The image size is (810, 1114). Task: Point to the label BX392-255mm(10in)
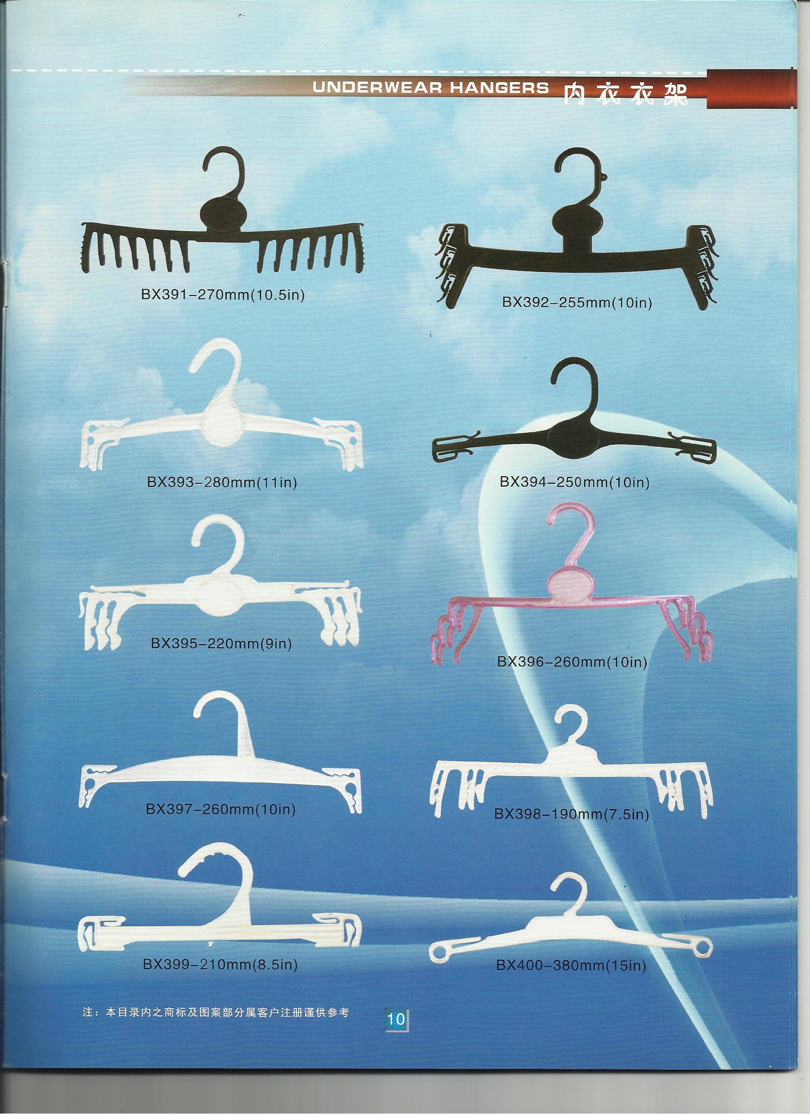point(577,303)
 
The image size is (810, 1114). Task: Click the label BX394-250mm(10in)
point(575,482)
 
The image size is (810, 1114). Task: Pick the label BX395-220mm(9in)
point(222,643)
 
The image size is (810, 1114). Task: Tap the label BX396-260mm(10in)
point(572,662)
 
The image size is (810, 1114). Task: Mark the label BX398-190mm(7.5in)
point(572,814)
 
